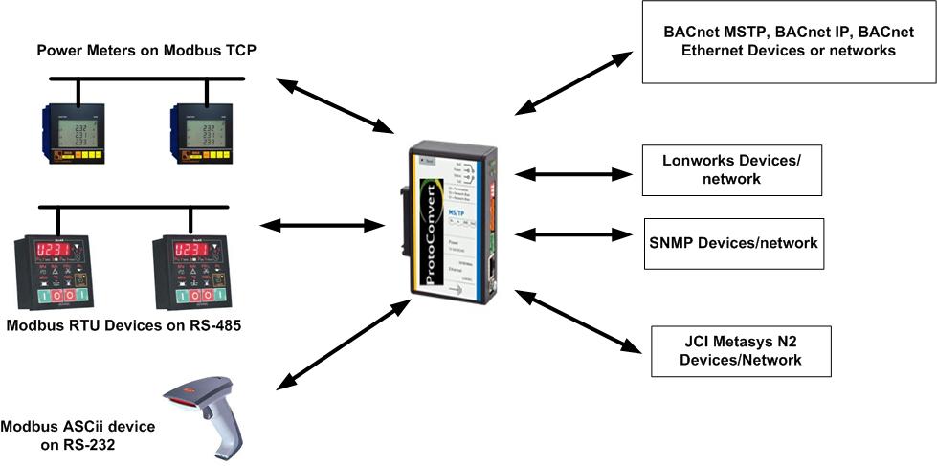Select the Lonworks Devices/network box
[730, 170]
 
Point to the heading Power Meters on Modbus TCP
[145, 50]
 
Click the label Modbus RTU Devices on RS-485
[124, 325]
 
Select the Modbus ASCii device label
[78, 433]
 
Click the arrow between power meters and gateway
[334, 105]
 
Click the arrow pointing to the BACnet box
[574, 80]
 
